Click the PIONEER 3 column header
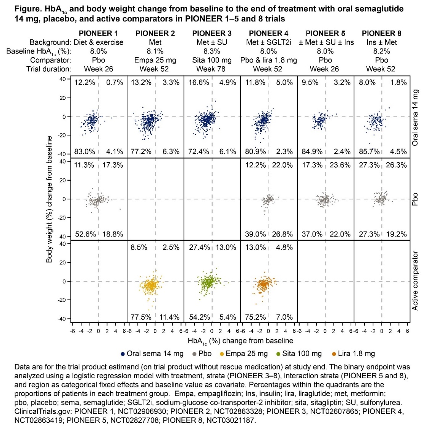click(x=212, y=33)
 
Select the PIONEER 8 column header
click(x=381, y=33)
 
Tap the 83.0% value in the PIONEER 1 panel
click(x=85, y=152)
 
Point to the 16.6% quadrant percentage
click(x=199, y=83)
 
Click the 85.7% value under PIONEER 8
click(x=369, y=152)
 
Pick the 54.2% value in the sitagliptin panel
click(x=199, y=317)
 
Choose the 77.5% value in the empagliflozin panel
click(x=141, y=317)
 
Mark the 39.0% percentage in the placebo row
click(x=255, y=234)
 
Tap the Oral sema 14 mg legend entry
click(x=152, y=353)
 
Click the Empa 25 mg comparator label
click(x=155, y=60)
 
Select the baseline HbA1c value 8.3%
click(x=211, y=51)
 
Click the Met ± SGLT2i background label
click(x=268, y=42)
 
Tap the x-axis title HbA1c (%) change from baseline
click(x=240, y=341)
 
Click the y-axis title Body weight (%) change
click(x=49, y=199)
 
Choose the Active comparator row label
click(x=415, y=281)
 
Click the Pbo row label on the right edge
click(x=415, y=199)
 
